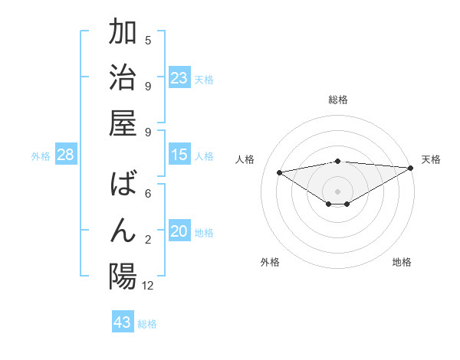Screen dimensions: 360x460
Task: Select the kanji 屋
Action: [x=123, y=123]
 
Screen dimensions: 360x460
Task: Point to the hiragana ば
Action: [x=123, y=187]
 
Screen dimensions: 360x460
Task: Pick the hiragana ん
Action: [x=123, y=231]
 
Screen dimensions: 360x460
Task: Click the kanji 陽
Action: [x=123, y=277]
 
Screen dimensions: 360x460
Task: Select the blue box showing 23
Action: [x=179, y=78]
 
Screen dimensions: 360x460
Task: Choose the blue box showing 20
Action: [x=179, y=232]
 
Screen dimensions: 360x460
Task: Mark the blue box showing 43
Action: [x=123, y=322]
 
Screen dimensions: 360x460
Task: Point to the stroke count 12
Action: [x=148, y=286]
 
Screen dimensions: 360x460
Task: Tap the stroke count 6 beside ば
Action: [x=148, y=195]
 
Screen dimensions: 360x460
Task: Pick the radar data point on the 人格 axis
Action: [x=279, y=172]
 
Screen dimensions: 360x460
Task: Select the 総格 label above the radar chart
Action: [x=338, y=100]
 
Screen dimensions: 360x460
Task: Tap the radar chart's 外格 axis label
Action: [x=270, y=262]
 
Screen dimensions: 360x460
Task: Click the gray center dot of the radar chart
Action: [x=337, y=190]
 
